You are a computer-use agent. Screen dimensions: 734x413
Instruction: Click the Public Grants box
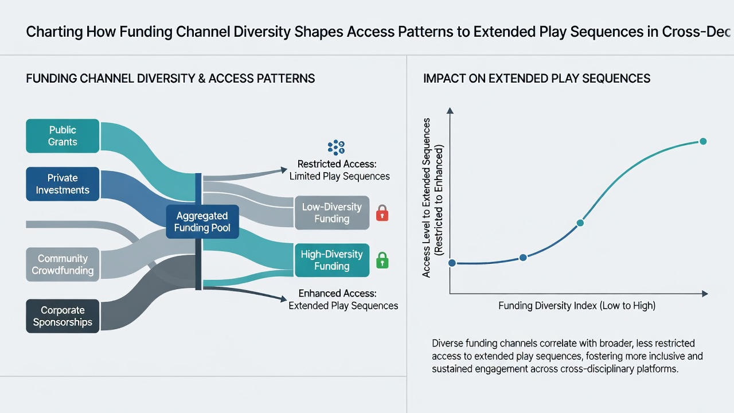point(63,136)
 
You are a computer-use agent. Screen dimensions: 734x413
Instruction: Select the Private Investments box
point(63,184)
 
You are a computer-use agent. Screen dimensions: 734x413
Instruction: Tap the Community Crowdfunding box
point(63,264)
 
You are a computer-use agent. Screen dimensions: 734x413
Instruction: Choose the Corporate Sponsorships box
point(63,316)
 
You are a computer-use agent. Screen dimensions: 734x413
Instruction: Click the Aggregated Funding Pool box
point(202,221)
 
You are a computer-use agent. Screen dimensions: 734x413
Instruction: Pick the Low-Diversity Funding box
point(332,213)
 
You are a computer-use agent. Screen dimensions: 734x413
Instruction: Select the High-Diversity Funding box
point(332,260)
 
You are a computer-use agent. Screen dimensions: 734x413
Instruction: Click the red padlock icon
point(382,213)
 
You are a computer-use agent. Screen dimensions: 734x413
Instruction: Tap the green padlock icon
point(382,260)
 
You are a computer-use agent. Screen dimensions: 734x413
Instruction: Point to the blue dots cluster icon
point(336,147)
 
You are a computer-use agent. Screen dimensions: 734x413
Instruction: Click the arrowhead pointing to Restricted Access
point(284,170)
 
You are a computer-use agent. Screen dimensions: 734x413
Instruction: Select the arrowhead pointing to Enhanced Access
point(284,299)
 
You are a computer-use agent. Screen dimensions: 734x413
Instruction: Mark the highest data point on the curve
point(703,141)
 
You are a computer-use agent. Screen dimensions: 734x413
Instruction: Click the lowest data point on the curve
point(452,263)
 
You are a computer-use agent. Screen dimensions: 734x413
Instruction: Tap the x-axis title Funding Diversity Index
point(577,306)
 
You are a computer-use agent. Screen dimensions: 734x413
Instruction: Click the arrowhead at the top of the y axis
point(450,111)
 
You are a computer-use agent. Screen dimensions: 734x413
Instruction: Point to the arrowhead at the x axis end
point(705,294)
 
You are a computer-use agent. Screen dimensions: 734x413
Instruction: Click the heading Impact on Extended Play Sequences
point(537,79)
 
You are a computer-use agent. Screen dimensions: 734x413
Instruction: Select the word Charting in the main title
point(54,32)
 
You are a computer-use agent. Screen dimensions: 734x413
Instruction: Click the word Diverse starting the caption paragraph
point(447,343)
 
